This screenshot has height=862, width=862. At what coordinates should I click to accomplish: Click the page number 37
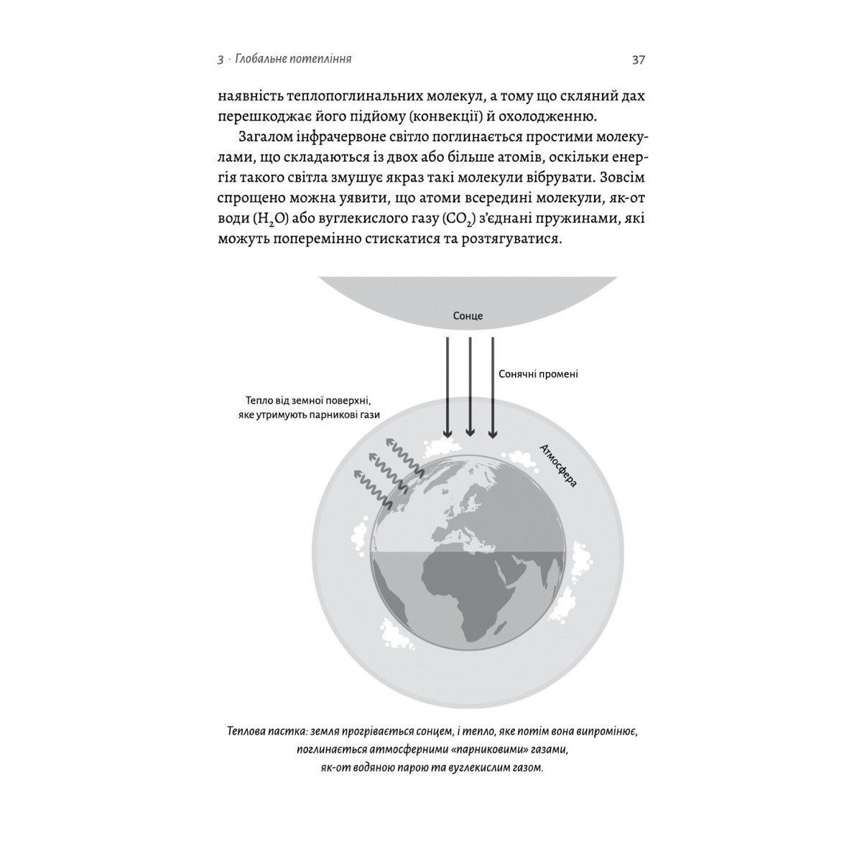[639, 60]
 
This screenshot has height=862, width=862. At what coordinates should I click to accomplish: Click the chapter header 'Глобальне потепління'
[292, 60]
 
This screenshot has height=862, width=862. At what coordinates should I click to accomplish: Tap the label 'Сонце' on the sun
[468, 316]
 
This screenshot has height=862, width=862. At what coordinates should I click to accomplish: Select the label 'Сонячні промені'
[538, 374]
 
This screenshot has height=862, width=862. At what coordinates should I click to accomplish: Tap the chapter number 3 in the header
[220, 60]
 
